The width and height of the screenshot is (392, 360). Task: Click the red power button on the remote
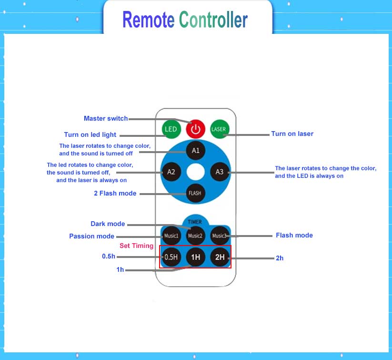(195, 129)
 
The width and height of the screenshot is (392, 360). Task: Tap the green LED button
(171, 129)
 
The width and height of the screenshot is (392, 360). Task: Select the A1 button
(195, 151)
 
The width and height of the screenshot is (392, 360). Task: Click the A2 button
(171, 172)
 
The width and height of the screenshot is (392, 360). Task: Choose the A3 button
(220, 172)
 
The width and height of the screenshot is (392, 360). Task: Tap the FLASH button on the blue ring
(195, 193)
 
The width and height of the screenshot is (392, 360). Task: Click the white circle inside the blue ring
(195, 172)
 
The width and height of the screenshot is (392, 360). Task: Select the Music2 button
(195, 236)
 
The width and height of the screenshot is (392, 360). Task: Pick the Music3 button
(220, 236)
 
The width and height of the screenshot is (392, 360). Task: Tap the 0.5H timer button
(171, 257)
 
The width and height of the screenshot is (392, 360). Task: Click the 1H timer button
(195, 257)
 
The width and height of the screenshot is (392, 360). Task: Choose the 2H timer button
(220, 257)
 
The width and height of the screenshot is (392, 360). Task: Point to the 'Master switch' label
(106, 118)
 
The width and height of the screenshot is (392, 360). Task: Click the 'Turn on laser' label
(292, 134)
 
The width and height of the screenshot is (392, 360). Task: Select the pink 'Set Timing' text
(136, 246)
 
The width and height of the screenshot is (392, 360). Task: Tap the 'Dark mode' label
(108, 224)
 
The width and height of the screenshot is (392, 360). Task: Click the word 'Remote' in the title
(148, 20)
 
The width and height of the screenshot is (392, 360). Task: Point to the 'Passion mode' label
(91, 236)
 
